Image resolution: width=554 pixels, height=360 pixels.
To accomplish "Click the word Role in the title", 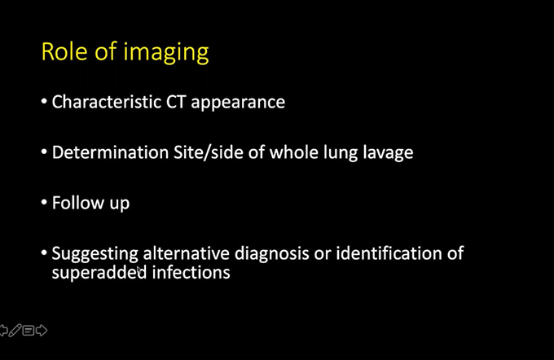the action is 64,51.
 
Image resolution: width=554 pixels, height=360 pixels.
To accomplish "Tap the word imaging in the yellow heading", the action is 166,53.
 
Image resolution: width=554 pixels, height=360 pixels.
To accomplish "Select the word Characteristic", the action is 107,102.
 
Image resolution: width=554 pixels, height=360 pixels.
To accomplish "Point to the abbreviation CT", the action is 176,102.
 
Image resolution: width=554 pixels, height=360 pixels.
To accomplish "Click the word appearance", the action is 238,103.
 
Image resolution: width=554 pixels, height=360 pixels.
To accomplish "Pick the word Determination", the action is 110,152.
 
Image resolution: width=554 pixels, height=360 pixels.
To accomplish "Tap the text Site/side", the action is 209,152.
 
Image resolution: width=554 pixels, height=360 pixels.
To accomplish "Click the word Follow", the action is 78,203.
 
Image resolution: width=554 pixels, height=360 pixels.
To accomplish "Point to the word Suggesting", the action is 95,254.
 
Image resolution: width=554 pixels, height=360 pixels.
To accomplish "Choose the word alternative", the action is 187,253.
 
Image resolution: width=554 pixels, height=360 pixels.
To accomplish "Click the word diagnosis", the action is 272,254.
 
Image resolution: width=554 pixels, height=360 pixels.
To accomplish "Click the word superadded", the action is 99,273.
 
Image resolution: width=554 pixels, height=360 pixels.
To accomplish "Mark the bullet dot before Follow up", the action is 44,203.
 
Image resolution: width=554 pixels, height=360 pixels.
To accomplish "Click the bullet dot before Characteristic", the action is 44,101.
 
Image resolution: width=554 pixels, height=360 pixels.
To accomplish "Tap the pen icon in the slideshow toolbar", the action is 15,331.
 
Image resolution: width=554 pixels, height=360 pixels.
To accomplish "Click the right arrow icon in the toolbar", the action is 42,331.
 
